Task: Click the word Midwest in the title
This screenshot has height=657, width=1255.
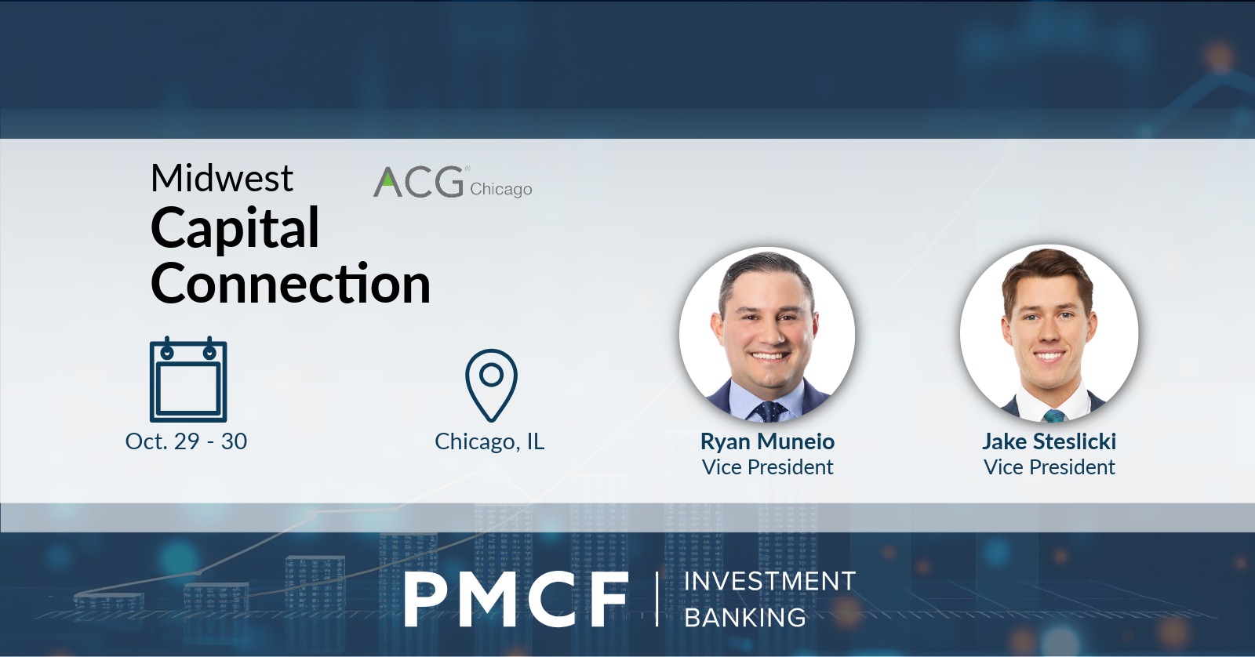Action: pos(222,178)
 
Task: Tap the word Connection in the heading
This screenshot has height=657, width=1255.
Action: pos(291,283)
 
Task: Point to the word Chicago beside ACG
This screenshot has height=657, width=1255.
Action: pos(501,189)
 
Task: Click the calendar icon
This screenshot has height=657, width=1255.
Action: pos(188,379)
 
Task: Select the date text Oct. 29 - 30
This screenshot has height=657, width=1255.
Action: pos(186,441)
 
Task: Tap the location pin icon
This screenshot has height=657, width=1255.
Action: pos(491,385)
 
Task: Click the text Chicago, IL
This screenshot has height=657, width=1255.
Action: pos(489,442)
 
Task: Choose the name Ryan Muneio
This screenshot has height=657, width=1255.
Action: pos(768,441)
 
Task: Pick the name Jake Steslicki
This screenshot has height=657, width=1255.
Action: pos(1049,441)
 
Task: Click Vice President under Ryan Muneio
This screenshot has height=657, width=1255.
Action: pos(768,467)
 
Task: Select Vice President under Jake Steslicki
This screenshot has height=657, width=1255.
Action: pos(1049,467)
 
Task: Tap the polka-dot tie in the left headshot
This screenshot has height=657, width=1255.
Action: pos(770,412)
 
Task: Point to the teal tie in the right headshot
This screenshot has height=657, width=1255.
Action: pos(1053,416)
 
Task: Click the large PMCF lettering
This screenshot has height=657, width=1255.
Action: pos(515,599)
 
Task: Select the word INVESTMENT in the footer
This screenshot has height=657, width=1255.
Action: pos(769,582)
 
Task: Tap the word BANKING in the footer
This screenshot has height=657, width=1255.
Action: pos(745,618)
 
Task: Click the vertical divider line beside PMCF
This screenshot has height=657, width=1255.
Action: pos(657,599)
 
